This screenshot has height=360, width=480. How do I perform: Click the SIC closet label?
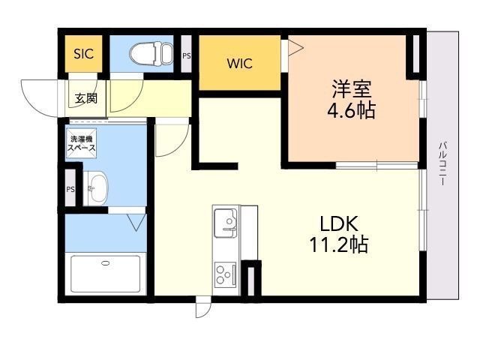83,54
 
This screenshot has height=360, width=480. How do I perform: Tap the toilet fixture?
151,53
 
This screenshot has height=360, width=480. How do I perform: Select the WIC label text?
240,63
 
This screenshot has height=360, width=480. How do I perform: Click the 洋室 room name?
352,88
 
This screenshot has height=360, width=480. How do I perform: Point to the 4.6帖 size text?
352,110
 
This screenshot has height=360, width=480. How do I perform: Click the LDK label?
339,223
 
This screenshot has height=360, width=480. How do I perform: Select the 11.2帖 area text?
339,244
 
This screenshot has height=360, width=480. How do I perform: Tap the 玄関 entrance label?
86,98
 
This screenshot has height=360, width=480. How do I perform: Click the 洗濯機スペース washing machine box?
82,143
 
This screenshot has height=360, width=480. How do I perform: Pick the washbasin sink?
96,188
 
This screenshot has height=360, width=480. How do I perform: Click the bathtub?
106,274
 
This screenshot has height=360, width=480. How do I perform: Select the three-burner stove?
225,274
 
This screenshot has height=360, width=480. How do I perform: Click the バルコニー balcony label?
442,163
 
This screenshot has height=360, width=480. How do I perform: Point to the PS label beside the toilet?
187,56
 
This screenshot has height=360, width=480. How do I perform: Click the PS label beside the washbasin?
70,190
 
